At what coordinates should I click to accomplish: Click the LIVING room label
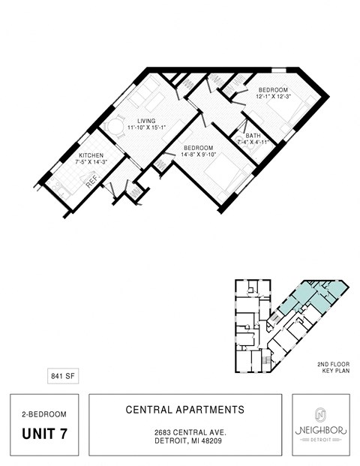(140, 121)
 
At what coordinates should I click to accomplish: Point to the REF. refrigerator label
(91, 181)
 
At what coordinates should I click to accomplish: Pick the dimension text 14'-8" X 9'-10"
(198, 155)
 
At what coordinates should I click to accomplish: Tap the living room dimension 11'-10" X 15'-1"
(140, 128)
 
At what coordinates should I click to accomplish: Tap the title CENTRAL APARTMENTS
(184, 410)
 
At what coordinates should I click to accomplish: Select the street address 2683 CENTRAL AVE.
(184, 433)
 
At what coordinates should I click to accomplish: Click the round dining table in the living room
(116, 128)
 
